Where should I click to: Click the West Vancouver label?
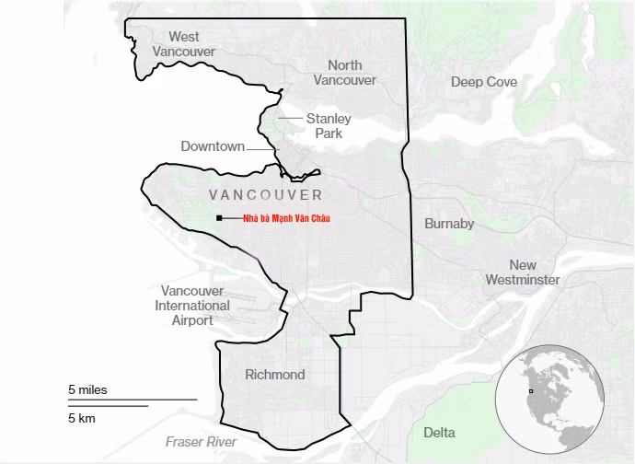[x=183, y=44]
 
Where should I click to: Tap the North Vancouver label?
[x=344, y=72]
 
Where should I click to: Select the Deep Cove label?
[x=483, y=82]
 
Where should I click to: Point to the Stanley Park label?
[x=329, y=126]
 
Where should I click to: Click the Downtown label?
[x=213, y=146]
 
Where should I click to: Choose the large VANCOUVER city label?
[x=265, y=195]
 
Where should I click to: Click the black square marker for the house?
[x=219, y=218]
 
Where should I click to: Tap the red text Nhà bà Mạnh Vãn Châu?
[x=285, y=218]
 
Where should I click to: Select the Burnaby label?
[x=449, y=224]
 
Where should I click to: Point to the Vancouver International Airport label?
[x=192, y=306]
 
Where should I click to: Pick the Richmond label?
[x=274, y=375]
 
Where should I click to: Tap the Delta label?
[x=438, y=432]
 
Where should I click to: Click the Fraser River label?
[x=201, y=442]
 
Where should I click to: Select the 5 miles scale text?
[x=87, y=389]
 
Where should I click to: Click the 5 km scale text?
[x=82, y=419]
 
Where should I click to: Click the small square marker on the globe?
[x=530, y=391]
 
